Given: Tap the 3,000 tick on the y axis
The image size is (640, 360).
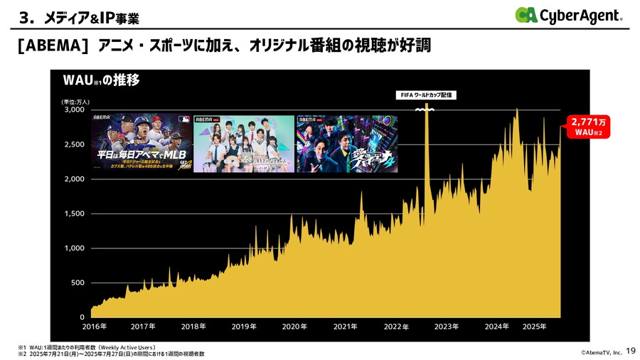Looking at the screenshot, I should (73, 110).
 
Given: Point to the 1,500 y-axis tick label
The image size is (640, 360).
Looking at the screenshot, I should (73, 214).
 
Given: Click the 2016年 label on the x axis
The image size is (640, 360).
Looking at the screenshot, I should (94, 327).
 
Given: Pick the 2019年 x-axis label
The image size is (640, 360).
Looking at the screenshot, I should (244, 327).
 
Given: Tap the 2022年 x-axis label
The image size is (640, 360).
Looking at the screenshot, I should (396, 327).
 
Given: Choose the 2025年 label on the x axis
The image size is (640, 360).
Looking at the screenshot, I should (534, 327).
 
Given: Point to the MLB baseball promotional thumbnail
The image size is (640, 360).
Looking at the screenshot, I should (141, 144).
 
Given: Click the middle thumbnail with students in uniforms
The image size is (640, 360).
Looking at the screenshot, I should (244, 144).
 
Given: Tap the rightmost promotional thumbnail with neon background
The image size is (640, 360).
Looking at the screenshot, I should (347, 144).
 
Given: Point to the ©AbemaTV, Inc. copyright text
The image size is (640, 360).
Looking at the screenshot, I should (596, 351).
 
